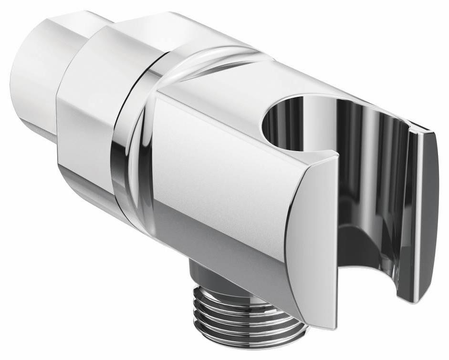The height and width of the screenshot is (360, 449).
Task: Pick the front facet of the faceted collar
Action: tap(86, 138)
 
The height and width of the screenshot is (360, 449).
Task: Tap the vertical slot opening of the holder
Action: tap(367, 200)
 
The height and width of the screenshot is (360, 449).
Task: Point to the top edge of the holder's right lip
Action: tap(425, 129)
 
